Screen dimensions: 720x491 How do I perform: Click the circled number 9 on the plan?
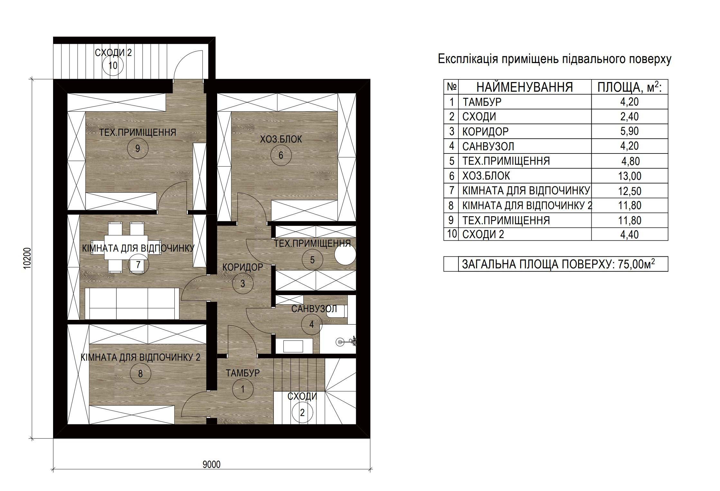point(137,148)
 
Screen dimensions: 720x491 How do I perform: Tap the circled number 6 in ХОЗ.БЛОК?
point(281,155)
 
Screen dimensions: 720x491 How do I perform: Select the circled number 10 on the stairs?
point(113,66)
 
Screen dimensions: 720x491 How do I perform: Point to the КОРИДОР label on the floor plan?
point(243,267)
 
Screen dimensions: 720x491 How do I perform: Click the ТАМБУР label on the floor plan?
point(243,373)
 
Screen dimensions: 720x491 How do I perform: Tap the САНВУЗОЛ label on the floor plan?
point(314,309)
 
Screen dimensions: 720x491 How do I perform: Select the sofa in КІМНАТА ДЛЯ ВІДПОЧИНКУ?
point(132,303)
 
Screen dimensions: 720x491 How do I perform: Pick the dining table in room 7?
point(126,247)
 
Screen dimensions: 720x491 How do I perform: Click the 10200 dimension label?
point(28,258)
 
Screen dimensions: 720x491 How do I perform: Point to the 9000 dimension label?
point(212,464)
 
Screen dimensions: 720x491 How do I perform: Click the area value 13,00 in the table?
point(630,176)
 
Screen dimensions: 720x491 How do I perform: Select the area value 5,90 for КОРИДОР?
point(630,131)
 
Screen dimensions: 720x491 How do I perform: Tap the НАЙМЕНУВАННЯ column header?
point(525,87)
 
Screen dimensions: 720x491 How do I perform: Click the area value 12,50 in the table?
point(630,191)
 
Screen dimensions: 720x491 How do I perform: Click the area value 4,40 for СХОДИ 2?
point(630,234)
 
